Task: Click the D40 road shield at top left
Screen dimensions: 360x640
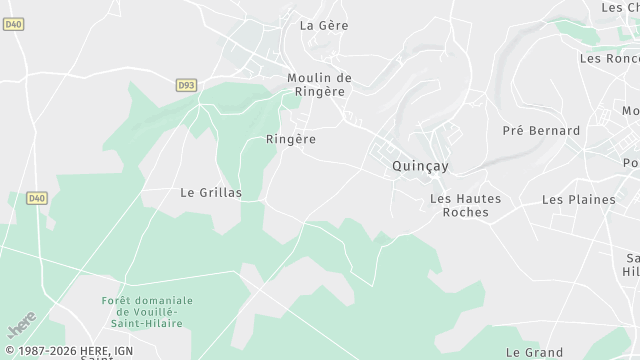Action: point(13,24)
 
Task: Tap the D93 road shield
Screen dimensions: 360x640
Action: point(186,86)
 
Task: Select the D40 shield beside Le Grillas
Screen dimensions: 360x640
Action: point(37,198)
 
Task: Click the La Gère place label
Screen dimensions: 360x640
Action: point(324,25)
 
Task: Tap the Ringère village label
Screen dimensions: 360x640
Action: point(291,139)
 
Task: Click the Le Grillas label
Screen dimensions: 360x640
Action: point(211,193)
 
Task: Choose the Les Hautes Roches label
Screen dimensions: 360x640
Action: point(465,206)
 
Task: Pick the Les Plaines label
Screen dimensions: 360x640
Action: point(578,199)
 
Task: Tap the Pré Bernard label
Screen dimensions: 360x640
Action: point(541,131)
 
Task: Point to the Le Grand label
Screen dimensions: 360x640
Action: point(534,352)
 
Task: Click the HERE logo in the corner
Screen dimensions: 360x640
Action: point(21,327)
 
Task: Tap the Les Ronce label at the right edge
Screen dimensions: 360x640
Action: point(609,58)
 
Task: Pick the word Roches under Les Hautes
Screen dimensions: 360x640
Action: point(465,213)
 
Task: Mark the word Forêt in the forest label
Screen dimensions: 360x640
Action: point(118,301)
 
